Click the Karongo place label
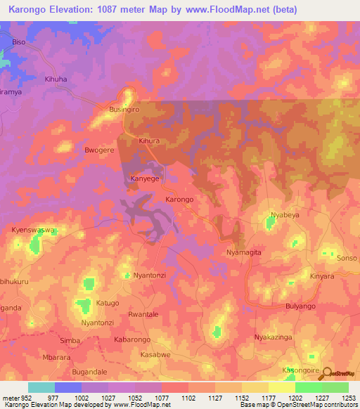179,200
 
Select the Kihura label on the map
150,141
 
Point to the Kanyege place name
146,179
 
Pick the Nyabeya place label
285,214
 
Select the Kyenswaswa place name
34,230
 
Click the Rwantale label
143,314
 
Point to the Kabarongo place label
133,339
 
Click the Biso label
19,42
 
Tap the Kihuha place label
56,79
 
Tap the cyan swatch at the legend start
41,387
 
